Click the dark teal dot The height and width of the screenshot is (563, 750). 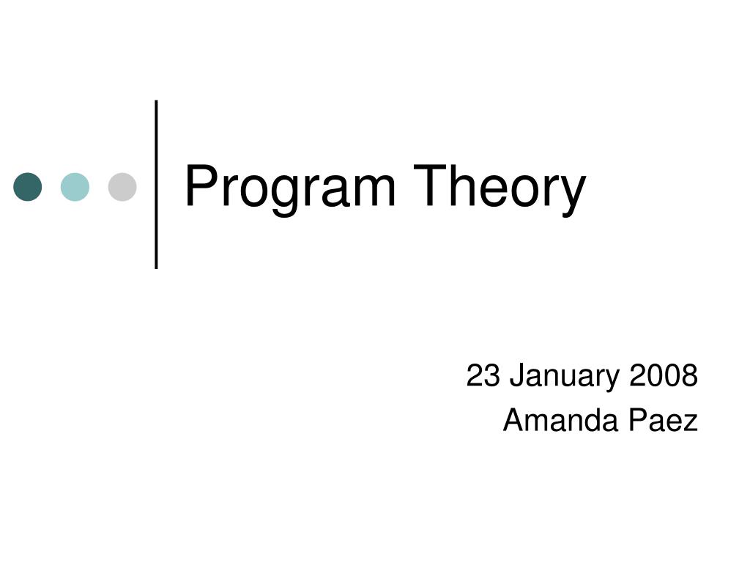tap(28, 187)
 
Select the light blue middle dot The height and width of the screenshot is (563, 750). tap(75, 187)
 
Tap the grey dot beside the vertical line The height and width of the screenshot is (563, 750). tap(122, 187)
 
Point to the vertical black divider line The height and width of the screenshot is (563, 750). tap(157, 183)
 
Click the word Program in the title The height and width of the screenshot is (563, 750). tap(290, 188)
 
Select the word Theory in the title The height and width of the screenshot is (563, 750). tap(500, 188)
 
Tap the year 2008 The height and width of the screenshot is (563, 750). tap(663, 376)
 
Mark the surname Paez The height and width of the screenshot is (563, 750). tap(666, 421)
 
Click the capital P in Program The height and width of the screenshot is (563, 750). tap(198, 186)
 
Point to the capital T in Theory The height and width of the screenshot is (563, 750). tap(429, 186)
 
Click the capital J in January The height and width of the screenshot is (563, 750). tap(515, 376)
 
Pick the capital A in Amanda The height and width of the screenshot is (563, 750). tap(513, 421)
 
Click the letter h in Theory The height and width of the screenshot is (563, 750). tap(458, 186)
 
